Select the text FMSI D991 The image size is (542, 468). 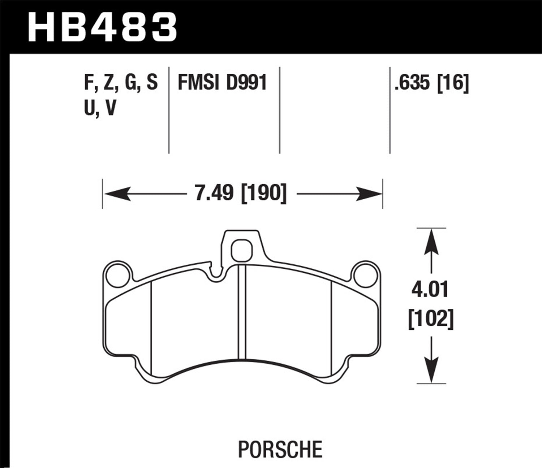222,83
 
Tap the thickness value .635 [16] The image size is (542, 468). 431,83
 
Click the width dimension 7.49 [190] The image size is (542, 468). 240,193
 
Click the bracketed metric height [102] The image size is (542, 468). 431,319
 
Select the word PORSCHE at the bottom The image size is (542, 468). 280,449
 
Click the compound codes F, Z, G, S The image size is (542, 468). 121,83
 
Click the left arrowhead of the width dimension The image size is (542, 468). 117,194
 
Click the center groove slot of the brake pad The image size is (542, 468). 242,312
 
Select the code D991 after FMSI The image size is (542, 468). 246,83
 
